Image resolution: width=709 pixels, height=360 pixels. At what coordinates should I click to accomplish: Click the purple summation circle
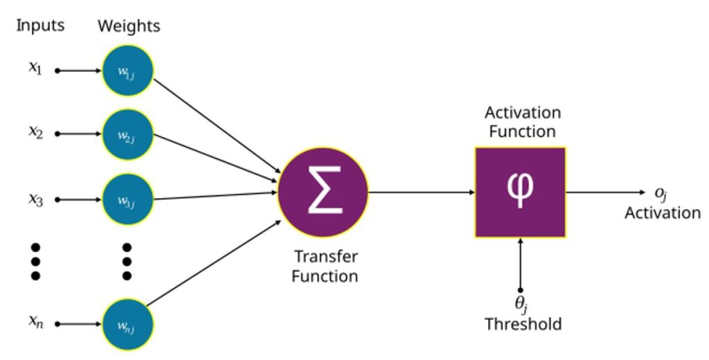pos(323,192)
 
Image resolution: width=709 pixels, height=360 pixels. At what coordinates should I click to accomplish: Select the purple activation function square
pos(520,192)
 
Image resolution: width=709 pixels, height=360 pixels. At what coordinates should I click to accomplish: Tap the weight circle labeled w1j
pos(128,71)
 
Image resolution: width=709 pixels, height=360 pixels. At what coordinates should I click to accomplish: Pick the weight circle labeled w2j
pos(128,134)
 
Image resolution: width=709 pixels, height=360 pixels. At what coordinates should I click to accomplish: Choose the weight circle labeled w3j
pos(128,199)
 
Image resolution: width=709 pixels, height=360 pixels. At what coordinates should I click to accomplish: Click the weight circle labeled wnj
pos(128,324)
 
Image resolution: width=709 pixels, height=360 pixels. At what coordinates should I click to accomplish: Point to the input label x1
pos(35,69)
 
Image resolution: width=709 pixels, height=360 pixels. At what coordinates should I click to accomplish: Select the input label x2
pos(36,132)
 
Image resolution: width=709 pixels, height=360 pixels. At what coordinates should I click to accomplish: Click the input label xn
pos(36,321)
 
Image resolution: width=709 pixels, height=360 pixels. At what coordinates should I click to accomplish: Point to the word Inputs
pos(40,26)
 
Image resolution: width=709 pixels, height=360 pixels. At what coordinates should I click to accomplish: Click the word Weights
pos(129,26)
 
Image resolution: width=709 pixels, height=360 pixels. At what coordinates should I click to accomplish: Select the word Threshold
pos(523,324)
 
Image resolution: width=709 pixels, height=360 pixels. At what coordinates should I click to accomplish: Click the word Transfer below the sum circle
pos(326,256)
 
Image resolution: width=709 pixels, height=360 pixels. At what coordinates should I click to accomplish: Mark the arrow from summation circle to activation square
pos(422,192)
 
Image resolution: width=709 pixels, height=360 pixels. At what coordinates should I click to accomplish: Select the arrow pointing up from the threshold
pos(521,264)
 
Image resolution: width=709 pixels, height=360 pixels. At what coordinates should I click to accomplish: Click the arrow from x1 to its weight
pos(79,71)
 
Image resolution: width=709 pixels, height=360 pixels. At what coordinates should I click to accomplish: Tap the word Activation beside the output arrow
pos(663,213)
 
